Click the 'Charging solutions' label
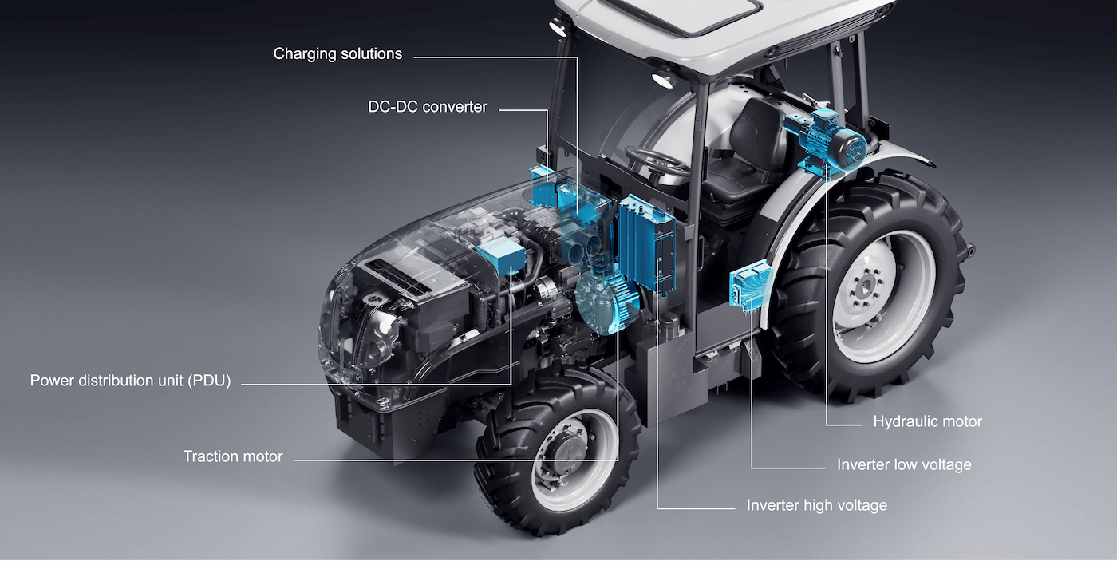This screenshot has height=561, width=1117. click(337, 54)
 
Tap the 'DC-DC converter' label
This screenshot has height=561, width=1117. click(427, 107)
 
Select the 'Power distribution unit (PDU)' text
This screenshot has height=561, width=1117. click(130, 381)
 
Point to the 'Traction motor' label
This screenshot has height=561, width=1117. click(233, 456)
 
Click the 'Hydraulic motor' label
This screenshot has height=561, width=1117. click(927, 421)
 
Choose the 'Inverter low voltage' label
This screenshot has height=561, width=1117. click(904, 464)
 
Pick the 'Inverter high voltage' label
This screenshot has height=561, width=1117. click(816, 505)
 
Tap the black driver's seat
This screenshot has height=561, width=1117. click(746, 156)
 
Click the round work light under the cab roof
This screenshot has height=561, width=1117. click(661, 78)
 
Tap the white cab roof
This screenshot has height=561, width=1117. click(718, 24)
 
